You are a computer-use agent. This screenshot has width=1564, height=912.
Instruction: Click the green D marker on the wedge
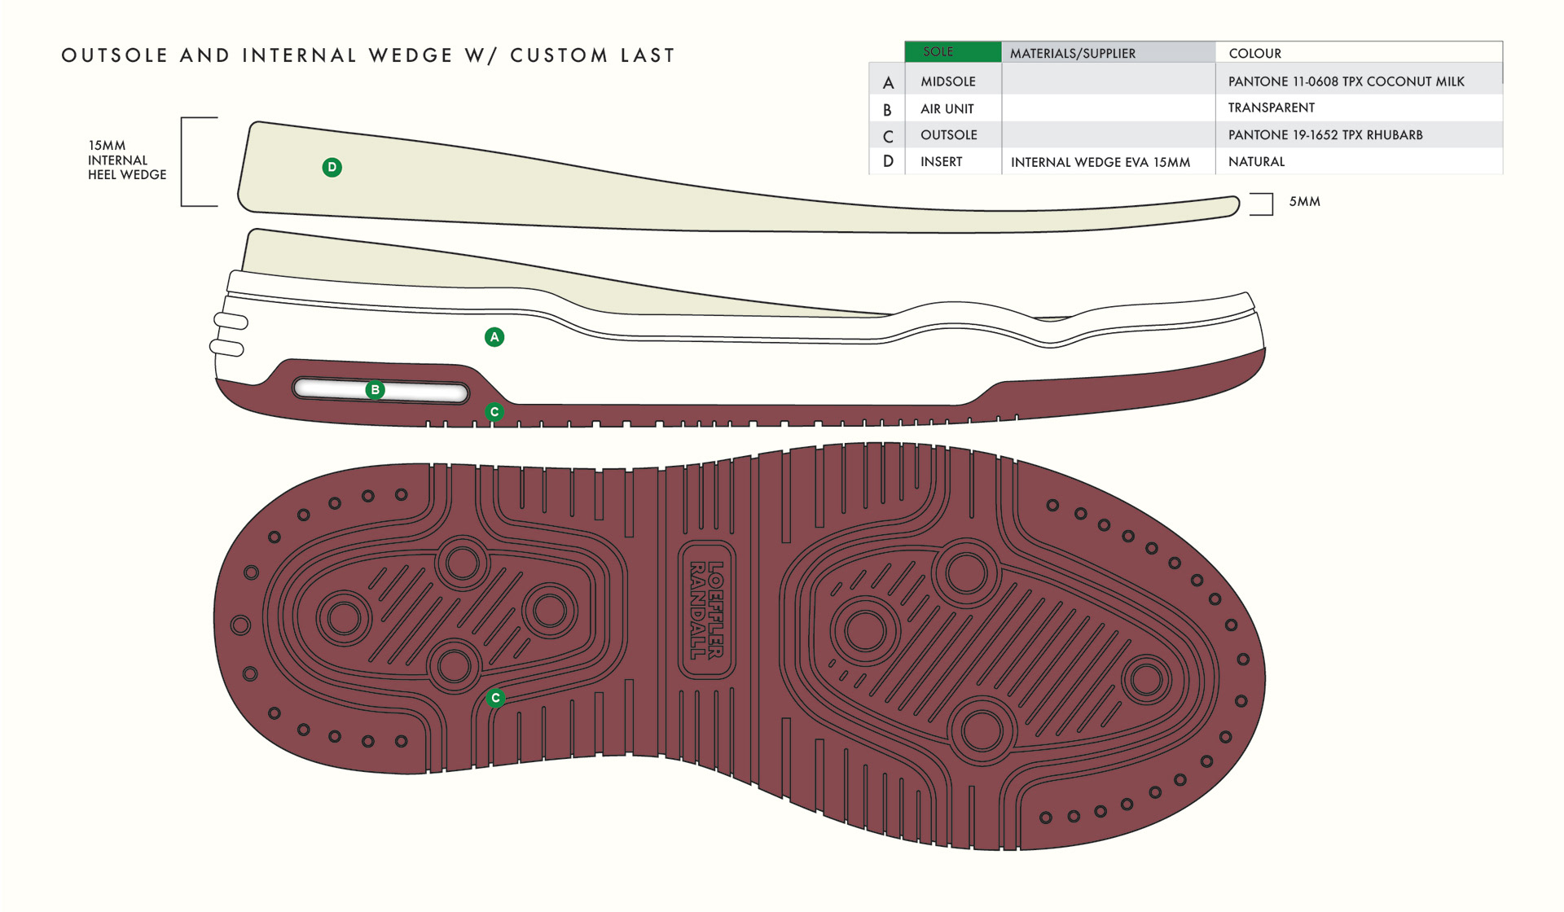click(x=332, y=168)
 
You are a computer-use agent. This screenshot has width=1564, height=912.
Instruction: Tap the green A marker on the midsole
click(x=494, y=337)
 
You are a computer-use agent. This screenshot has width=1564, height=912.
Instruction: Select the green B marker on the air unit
click(x=376, y=390)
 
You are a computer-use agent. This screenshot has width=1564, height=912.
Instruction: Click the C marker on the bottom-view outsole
click(x=495, y=698)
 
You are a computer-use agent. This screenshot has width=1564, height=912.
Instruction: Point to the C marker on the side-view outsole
click(x=494, y=412)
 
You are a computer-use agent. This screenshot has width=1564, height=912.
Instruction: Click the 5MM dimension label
click(x=1304, y=202)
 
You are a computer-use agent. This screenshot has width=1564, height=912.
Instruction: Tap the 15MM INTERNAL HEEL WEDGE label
click(x=126, y=160)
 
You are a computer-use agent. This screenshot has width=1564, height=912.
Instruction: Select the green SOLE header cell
click(x=952, y=52)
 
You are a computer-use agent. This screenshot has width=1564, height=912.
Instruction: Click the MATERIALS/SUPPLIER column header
click(x=1072, y=54)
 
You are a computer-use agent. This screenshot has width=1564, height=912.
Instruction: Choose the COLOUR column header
click(x=1254, y=54)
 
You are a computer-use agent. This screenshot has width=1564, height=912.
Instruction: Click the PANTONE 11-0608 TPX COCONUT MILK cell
click(x=1346, y=81)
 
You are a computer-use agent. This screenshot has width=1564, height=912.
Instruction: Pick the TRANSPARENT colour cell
click(x=1271, y=108)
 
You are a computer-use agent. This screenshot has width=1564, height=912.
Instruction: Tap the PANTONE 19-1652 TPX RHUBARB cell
click(x=1325, y=135)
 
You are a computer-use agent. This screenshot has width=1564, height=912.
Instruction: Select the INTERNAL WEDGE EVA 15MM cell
click(x=1100, y=162)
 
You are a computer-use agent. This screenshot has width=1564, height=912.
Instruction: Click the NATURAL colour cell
click(x=1256, y=162)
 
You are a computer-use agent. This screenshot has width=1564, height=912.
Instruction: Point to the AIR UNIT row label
click(x=947, y=109)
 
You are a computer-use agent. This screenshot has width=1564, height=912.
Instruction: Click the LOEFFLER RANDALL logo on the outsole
click(x=705, y=610)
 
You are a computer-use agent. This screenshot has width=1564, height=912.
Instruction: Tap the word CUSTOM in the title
click(x=559, y=55)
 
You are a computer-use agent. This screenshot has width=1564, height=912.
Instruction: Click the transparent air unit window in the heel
click(x=424, y=392)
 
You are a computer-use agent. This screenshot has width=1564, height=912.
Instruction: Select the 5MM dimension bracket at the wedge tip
click(x=1263, y=204)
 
